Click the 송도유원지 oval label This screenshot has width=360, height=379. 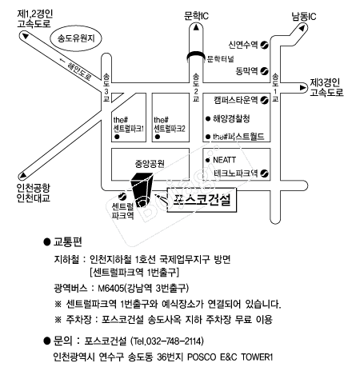tap(76, 38)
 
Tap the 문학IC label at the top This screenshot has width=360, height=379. tap(196, 16)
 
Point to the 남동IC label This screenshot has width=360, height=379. tap(304, 17)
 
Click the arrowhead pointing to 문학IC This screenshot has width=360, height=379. tap(196, 27)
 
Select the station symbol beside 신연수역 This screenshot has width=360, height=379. tap(265, 45)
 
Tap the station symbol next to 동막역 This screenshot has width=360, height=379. tap(265, 71)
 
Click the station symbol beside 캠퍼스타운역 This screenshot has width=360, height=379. tap(265, 100)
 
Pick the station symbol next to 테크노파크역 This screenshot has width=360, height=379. tap(265, 174)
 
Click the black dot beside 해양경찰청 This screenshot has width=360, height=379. tap(208, 119)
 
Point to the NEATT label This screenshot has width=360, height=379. tap(224, 160)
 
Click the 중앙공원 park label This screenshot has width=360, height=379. tap(150, 164)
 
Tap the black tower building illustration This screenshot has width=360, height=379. tap(141, 189)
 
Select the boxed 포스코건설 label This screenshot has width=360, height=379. tap(202, 200)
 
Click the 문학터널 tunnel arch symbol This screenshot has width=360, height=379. tap(196, 55)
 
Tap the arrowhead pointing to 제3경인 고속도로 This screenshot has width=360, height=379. tap(302, 88)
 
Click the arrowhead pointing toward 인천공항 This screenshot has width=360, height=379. tap(23, 175)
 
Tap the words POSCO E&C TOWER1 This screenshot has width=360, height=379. tap(230, 357)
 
